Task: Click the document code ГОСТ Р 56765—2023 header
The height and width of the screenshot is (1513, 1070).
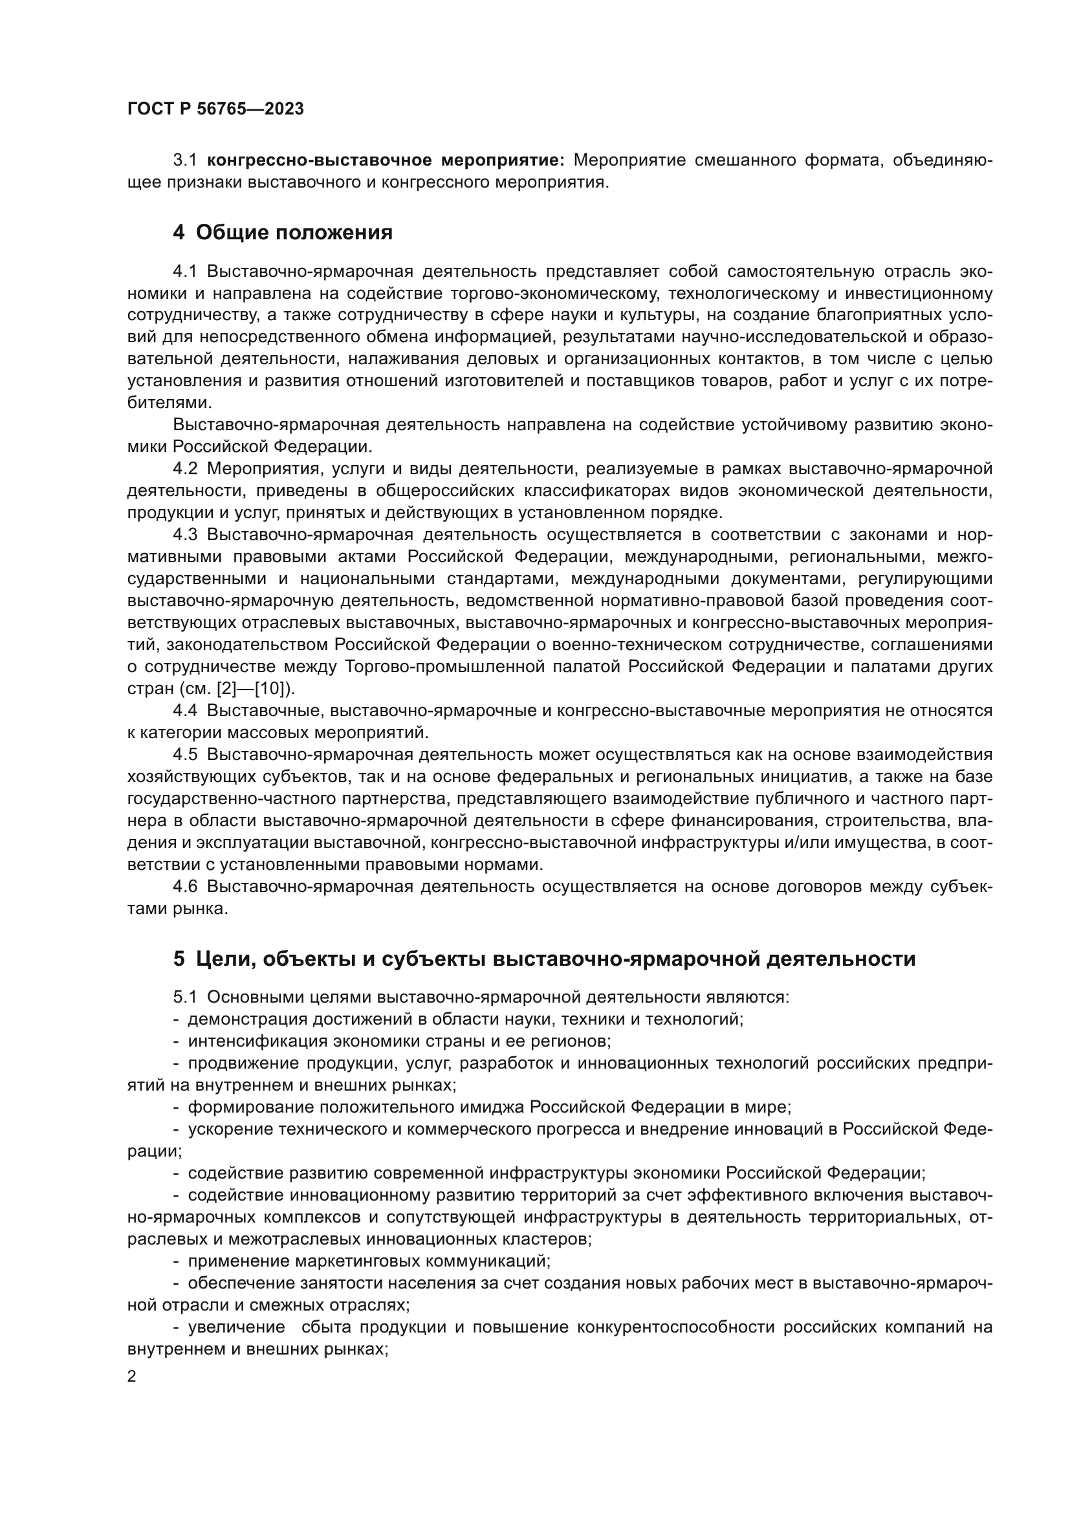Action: [215, 109]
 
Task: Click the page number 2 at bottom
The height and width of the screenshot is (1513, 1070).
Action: [132, 1377]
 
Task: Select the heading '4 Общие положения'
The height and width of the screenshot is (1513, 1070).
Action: [283, 233]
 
